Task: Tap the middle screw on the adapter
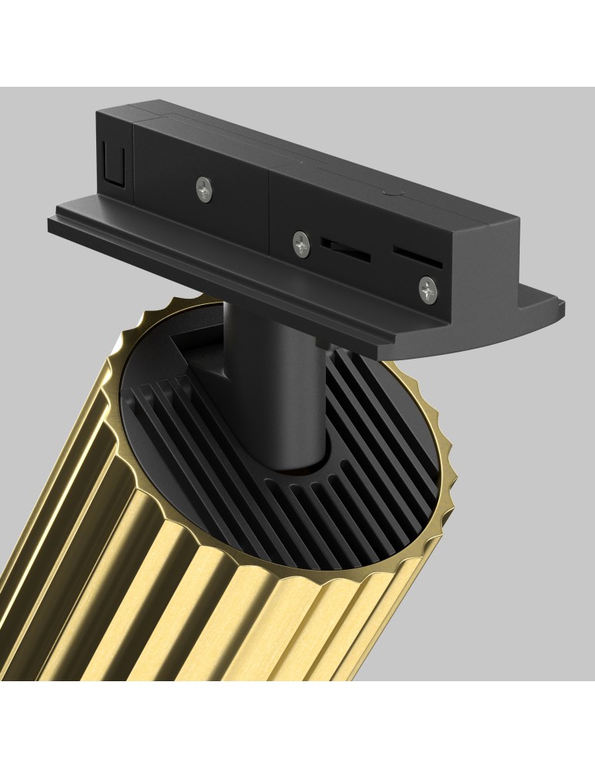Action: point(301,243)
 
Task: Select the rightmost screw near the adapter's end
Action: point(427,289)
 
